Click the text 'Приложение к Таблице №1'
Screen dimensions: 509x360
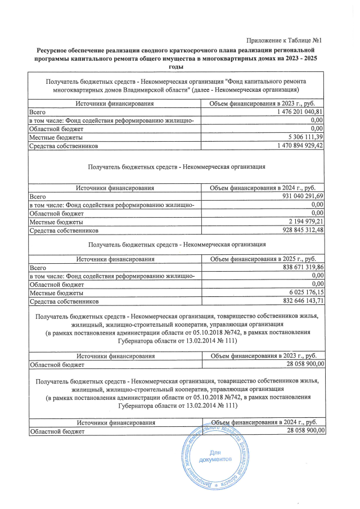point(283,39)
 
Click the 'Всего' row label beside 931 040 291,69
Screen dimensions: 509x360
point(38,196)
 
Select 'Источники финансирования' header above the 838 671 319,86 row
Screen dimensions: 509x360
point(115,259)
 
